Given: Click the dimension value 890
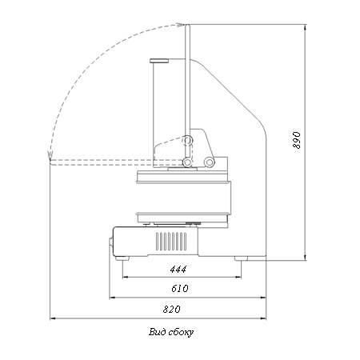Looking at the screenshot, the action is pyautogui.click(x=297, y=140).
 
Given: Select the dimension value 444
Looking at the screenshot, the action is pyautogui.click(x=178, y=270).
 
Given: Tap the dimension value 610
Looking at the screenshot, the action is pyautogui.click(x=180, y=289).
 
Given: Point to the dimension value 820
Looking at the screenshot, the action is pyautogui.click(x=171, y=310).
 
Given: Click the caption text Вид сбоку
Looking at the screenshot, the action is pyautogui.click(x=171, y=332).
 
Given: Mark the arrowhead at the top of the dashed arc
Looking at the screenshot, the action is pyautogui.click(x=181, y=25).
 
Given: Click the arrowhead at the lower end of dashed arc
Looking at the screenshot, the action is pyautogui.click(x=50, y=155).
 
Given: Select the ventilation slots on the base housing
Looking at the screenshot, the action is pyautogui.click(x=171, y=242).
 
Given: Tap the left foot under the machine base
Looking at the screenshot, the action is pyautogui.click(x=122, y=258).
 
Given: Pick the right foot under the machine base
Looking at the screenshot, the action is pyautogui.click(x=241, y=258).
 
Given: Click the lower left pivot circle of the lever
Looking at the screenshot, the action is pyautogui.click(x=187, y=162).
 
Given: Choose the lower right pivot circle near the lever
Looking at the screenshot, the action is pyautogui.click(x=209, y=162).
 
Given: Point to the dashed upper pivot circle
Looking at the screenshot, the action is pyautogui.click(x=187, y=140).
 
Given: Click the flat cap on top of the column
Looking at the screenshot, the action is pyautogui.click(x=159, y=61).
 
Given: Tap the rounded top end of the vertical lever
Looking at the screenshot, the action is pyautogui.click(x=187, y=26).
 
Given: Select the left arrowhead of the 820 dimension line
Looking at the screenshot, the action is pyautogui.click(x=53, y=318).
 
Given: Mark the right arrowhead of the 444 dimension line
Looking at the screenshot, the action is pyautogui.click(x=238, y=278).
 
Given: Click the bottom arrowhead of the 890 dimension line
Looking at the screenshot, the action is pyautogui.click(x=305, y=258).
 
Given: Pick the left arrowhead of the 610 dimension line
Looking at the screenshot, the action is pyautogui.click(x=112, y=298).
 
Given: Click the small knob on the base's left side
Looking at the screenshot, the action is pyautogui.click(x=110, y=244).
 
